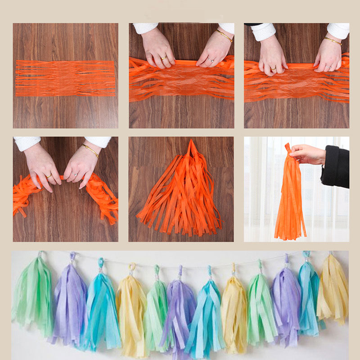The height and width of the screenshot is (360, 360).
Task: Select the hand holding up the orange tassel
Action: (x=308, y=154)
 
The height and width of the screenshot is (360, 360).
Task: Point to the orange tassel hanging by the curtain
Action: (x=290, y=202)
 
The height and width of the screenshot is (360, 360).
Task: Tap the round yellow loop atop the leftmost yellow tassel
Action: (x=131, y=266)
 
